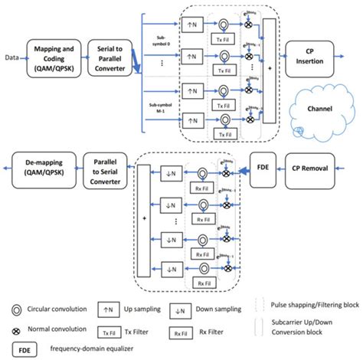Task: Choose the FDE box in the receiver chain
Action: coord(265,165)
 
